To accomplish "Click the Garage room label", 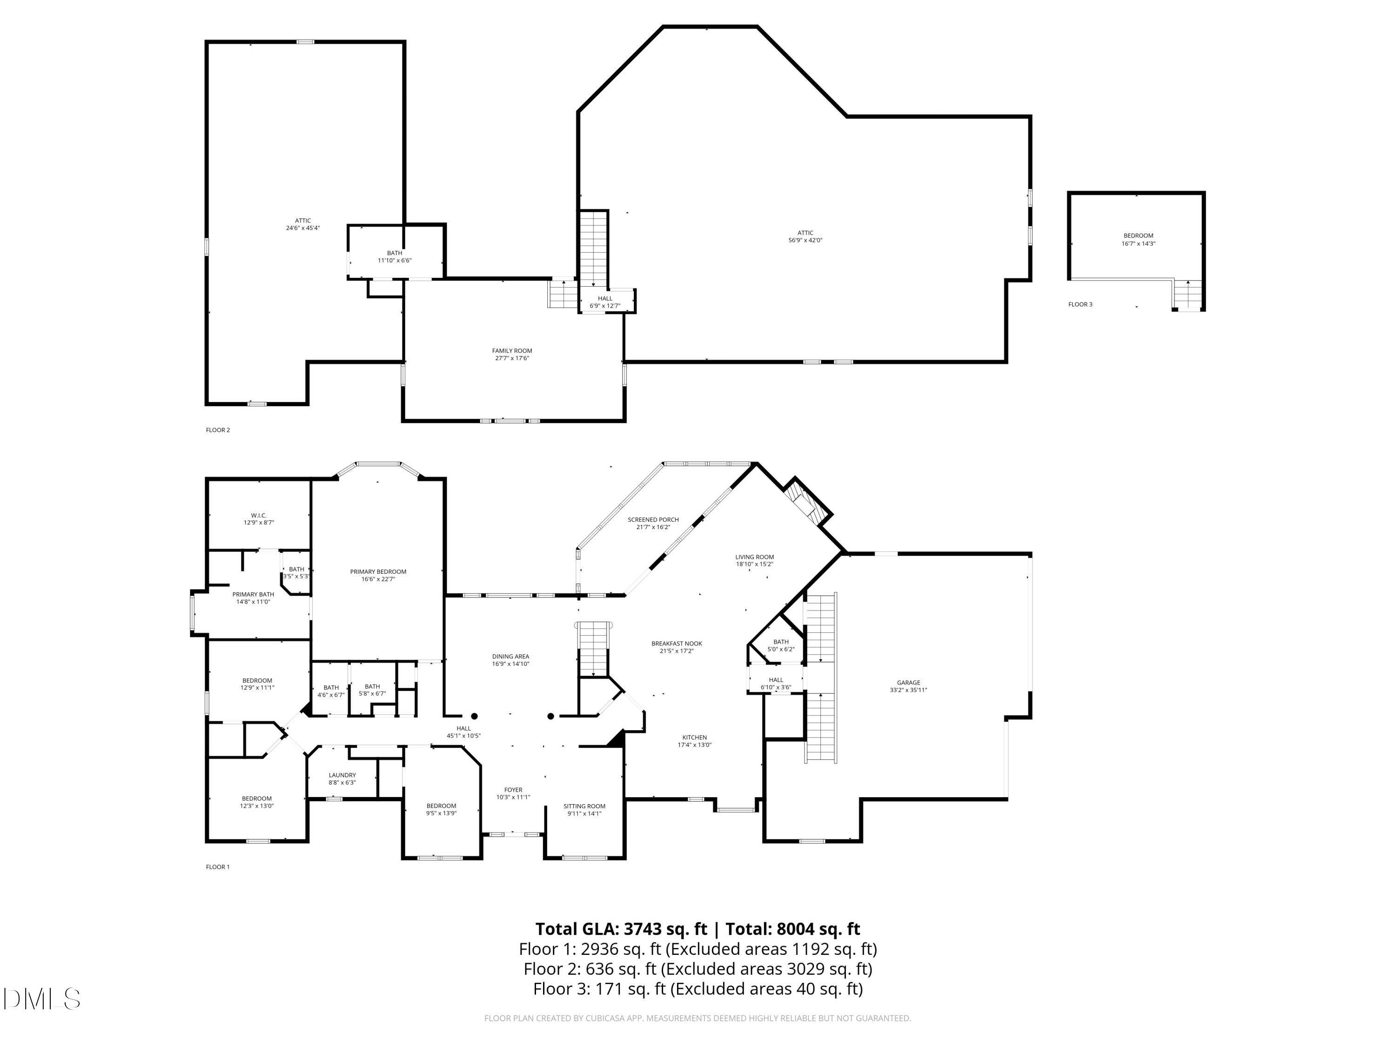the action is coord(908,682).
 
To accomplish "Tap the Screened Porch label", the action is coord(653,519).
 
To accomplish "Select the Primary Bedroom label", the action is coord(378,572).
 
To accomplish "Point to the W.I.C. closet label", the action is coord(259,516).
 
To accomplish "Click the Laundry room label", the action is coord(342,775).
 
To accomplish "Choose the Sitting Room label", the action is coord(584,806).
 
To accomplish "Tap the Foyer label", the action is coord(513,790).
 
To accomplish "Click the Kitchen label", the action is coord(694,737).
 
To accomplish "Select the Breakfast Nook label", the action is coord(677,644).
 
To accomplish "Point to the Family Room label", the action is coord(512,351).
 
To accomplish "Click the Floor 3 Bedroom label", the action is coord(1138,236).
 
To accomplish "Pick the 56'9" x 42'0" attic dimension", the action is coord(805,241).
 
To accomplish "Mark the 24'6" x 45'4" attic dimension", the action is coord(303,228).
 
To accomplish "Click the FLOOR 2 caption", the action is coord(218,430).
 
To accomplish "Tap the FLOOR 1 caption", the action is coord(218,867).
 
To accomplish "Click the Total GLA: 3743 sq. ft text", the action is coord(621,929).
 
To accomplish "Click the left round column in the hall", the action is coord(475,716).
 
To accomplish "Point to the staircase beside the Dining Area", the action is coord(593,649).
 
